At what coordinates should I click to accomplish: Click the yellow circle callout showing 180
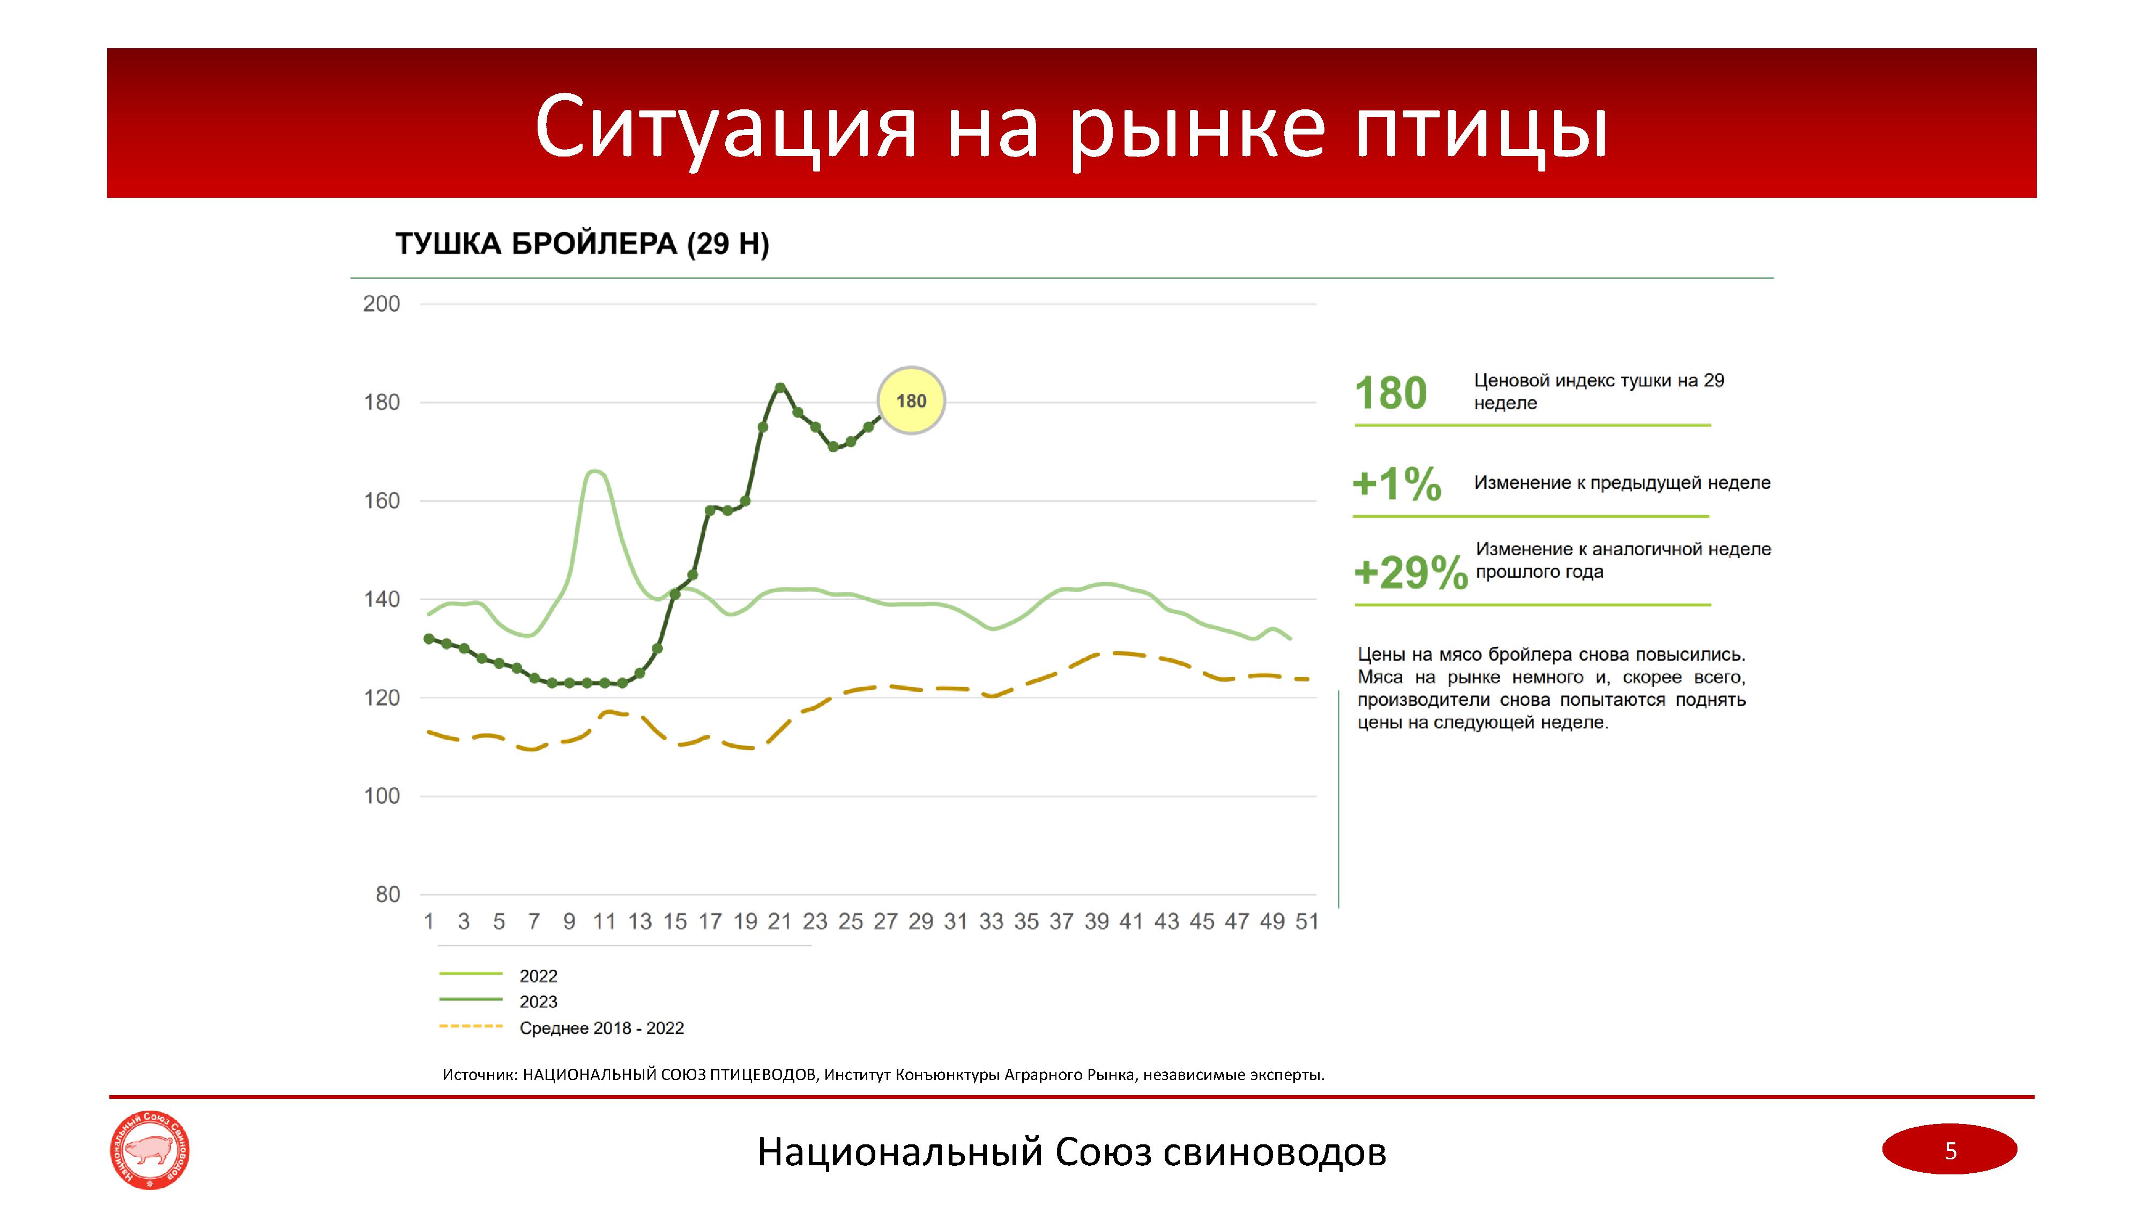pyautogui.click(x=911, y=401)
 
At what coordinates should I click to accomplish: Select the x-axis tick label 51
pyautogui.click(x=1307, y=921)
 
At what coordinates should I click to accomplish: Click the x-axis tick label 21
pyautogui.click(x=779, y=921)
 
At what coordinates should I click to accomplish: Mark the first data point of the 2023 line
pyautogui.click(x=429, y=638)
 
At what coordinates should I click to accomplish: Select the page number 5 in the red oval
pyautogui.click(x=1950, y=1151)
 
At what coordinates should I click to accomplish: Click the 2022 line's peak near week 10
pyautogui.click(x=595, y=471)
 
